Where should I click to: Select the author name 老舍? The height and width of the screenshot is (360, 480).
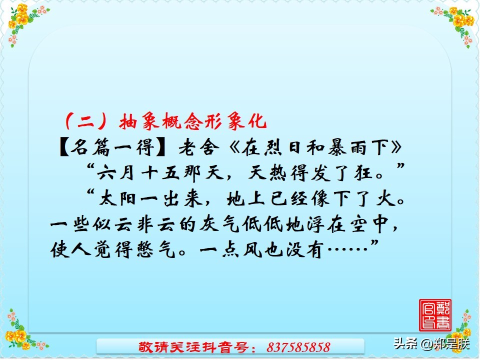tap(192, 148)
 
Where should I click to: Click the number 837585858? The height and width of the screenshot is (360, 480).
tap(298, 346)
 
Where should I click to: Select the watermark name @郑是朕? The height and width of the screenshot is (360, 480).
tap(445, 343)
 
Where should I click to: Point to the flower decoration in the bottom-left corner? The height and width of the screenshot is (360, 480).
tap(20, 330)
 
